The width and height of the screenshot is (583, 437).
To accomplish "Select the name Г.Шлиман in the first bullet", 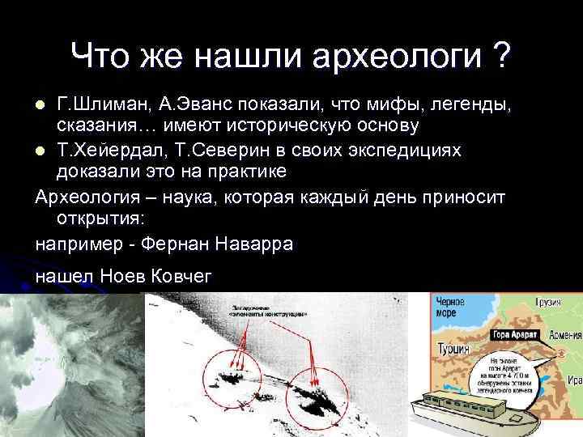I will point(95,104).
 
